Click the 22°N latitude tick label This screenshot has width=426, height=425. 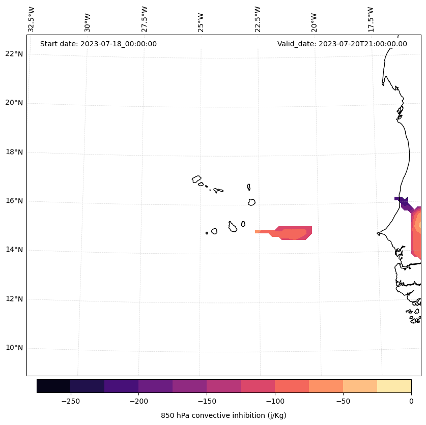[14, 54]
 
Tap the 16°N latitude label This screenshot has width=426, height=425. [14, 201]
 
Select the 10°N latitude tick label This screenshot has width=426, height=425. [14, 348]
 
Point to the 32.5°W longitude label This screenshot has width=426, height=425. [32, 19]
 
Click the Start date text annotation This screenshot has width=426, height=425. [98, 44]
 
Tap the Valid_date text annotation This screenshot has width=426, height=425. [342, 44]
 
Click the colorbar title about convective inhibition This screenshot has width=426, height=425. [223, 415]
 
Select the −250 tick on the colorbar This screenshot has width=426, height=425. [70, 401]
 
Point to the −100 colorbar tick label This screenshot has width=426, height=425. [275, 401]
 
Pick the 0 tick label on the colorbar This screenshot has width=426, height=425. [411, 401]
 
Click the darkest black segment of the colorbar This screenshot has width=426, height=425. [53, 386]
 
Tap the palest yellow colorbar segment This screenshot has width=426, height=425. [394, 386]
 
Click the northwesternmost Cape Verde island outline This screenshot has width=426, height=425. [196, 179]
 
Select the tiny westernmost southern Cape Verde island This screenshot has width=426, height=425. [207, 233]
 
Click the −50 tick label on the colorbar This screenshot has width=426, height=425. [343, 401]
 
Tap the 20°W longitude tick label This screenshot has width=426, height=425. [314, 21]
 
